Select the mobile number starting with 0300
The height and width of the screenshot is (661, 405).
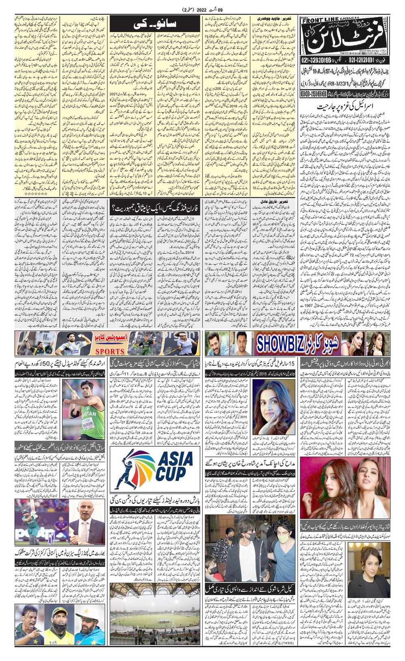point(315,94)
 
